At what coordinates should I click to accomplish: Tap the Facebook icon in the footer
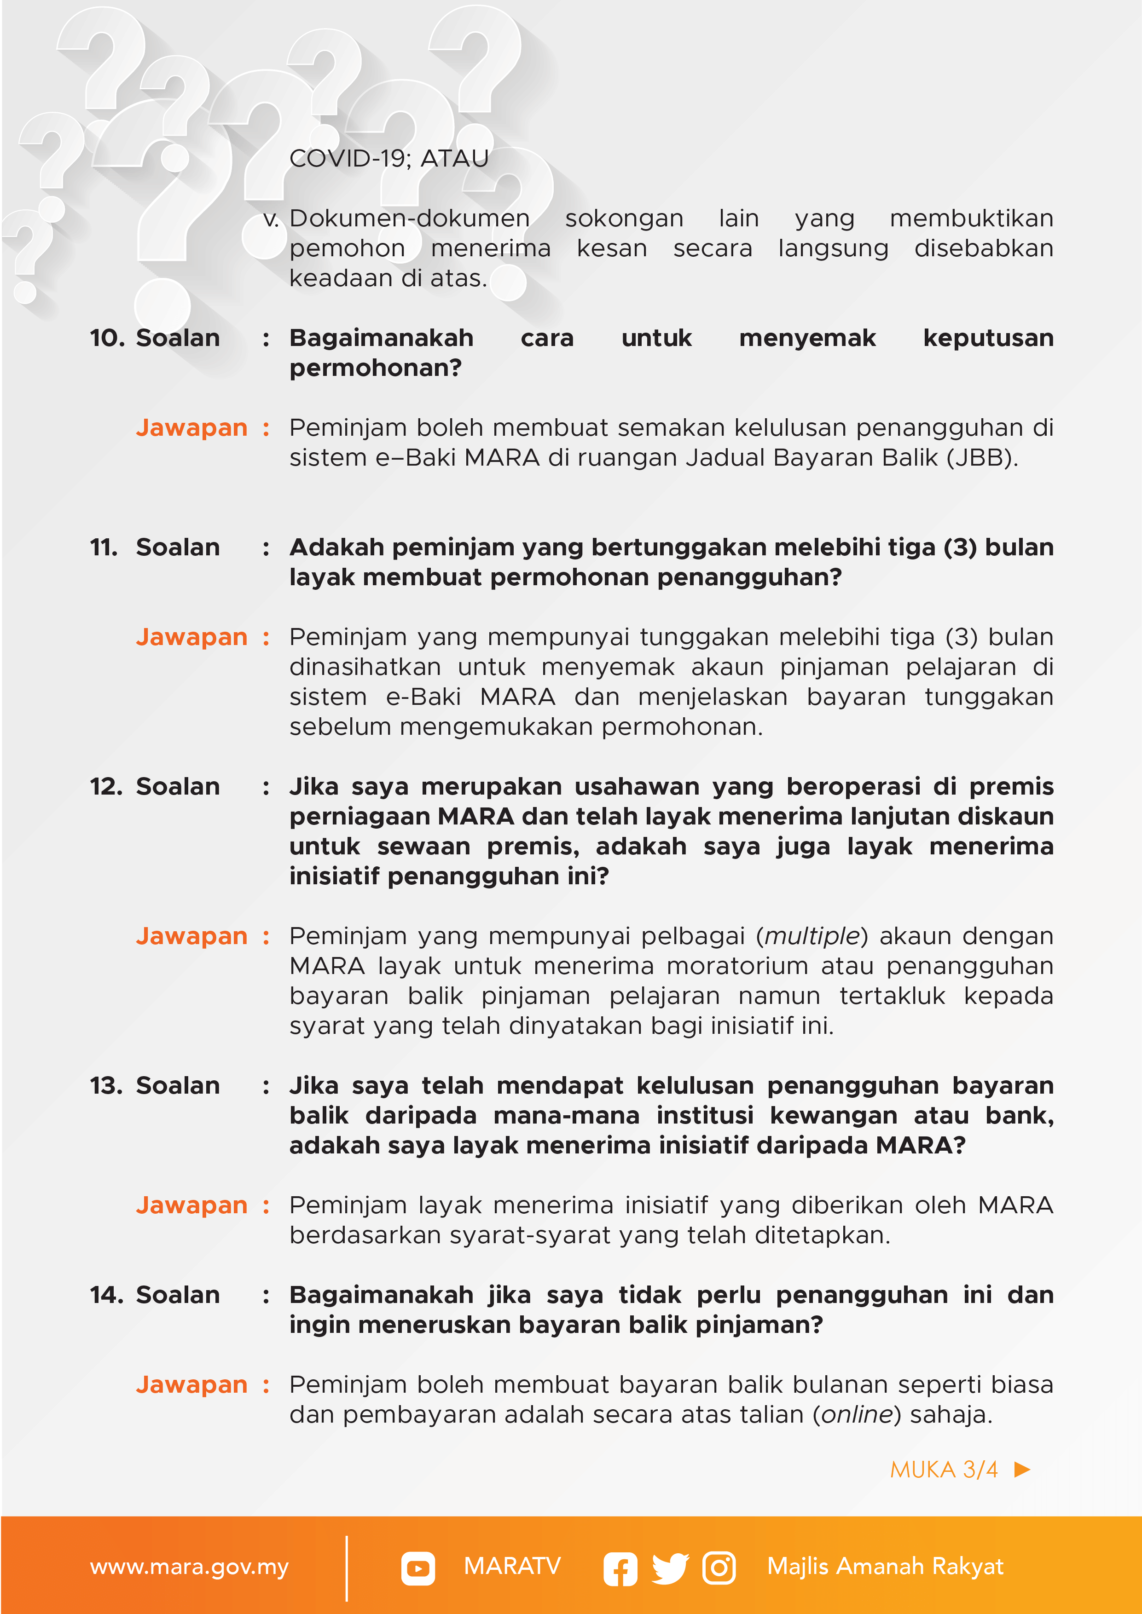coord(620,1569)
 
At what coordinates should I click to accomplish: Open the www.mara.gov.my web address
coord(189,1567)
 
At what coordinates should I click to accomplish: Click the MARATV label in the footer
coord(512,1566)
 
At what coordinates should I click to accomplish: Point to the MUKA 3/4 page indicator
coord(944,1469)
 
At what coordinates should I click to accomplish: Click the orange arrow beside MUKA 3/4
coord(1022,1469)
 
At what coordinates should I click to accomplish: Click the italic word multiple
coord(812,936)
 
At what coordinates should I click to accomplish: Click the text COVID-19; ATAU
coord(389,159)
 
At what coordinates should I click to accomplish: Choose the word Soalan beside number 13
coord(178,1086)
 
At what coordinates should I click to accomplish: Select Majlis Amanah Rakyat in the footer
coord(885,1566)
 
